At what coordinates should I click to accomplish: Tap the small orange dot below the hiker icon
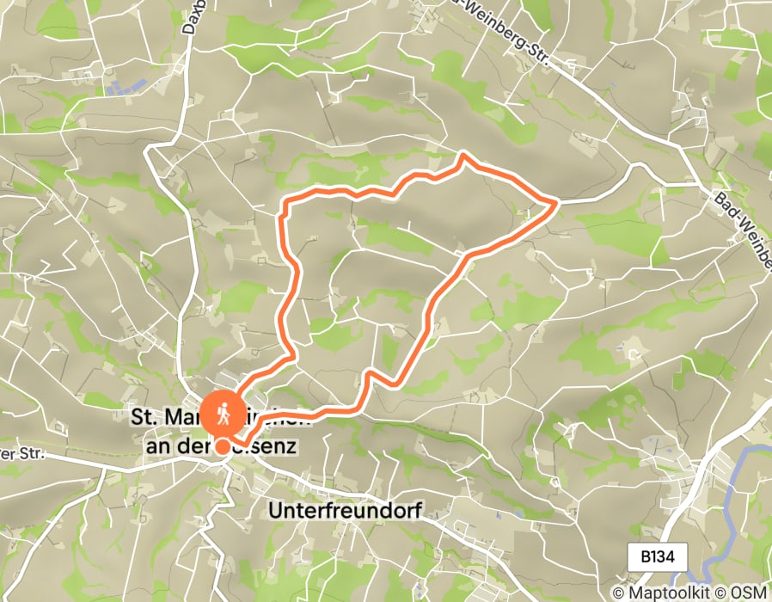223,446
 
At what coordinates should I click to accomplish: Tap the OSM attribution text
750,593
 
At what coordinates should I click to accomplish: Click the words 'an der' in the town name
170,447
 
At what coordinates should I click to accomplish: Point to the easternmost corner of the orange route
557,201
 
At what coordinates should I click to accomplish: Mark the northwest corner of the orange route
285,202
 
